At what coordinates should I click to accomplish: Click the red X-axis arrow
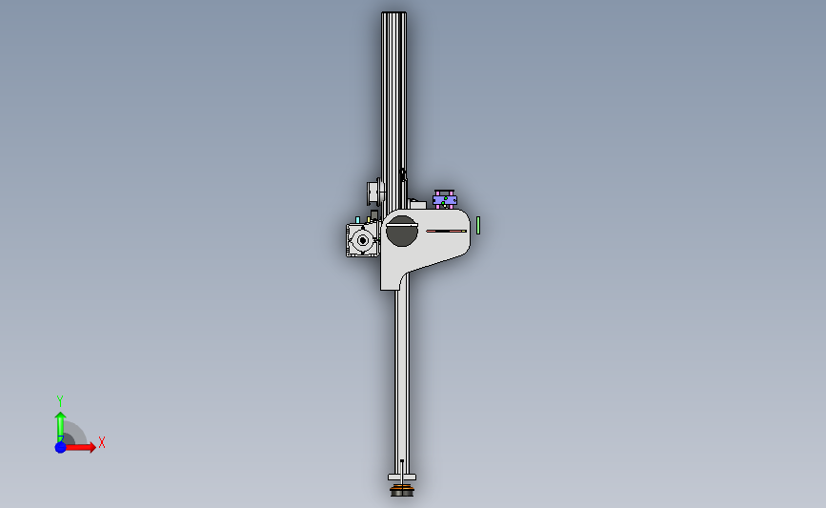tap(79, 447)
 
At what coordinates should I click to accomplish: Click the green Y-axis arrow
tap(60, 427)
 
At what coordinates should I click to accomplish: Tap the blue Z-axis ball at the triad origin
tap(61, 447)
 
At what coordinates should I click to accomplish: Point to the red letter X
tap(102, 442)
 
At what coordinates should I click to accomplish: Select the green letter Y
tap(59, 401)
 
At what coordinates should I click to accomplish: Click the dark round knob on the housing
tap(402, 231)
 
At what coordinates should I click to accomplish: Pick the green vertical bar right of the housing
tap(478, 225)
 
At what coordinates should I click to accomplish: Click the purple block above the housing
tap(445, 200)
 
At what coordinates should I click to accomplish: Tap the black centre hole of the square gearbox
tap(362, 241)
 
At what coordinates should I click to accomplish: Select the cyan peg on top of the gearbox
tap(357, 220)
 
